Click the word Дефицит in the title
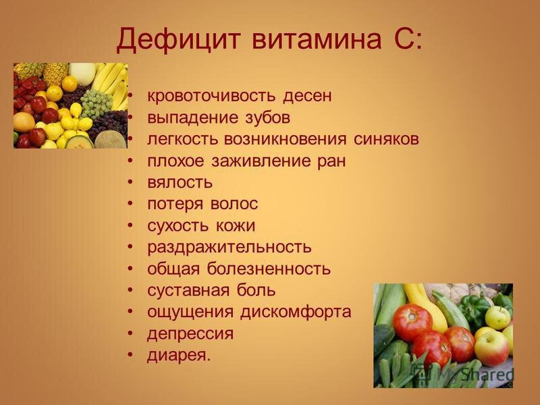click(178, 40)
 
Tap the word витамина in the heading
click(317, 40)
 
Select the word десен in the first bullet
click(307, 96)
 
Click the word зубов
click(267, 117)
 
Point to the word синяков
click(386, 139)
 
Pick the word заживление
click(261, 161)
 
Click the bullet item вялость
click(180, 182)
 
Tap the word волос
click(234, 204)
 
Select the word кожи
click(236, 225)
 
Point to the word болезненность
click(269, 269)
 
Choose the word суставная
click(188, 290)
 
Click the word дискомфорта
click(296, 313)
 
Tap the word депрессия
click(190, 334)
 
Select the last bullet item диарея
click(178, 356)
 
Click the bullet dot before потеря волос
click(130, 204)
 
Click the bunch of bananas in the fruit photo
click(111, 83)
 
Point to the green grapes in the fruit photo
click(97, 103)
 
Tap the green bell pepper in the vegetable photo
click(475, 309)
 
